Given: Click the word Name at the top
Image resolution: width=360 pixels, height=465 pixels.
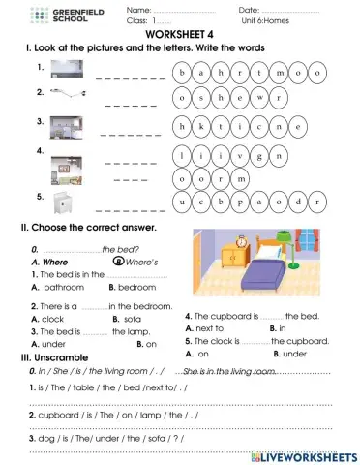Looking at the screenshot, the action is (136, 10).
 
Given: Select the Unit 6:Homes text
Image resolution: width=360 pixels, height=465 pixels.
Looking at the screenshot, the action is (267, 20).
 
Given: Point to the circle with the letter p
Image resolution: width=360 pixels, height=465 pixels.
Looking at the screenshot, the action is (253, 201).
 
